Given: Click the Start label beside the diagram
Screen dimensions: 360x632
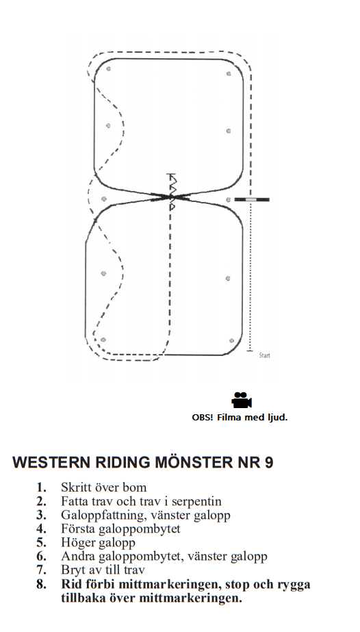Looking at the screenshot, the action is pos(265,355).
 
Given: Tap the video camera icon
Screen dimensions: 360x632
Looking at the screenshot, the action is pos(242,401).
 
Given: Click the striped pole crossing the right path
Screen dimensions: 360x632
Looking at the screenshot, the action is pos(252,199).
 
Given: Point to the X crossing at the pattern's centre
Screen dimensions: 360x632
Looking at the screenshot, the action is pos(170,197).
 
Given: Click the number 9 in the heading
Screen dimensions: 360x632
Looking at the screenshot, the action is pos(269,462).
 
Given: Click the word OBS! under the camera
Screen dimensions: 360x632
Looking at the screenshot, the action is pos(203,418).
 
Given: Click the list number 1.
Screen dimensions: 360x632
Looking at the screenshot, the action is pos(41,488).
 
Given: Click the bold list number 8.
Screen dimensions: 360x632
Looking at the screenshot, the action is pos(41,584).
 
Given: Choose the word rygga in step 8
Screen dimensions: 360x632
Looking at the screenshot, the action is pos(292,585).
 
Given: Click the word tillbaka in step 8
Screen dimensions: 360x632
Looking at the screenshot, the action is pos(83,598).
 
